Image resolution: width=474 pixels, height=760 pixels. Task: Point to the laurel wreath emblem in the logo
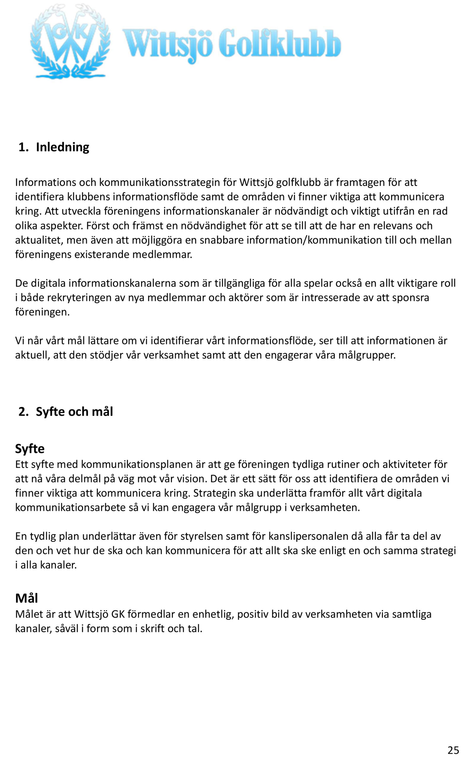pos(70,42)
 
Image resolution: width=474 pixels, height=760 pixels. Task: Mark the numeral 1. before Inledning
pos(23,147)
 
